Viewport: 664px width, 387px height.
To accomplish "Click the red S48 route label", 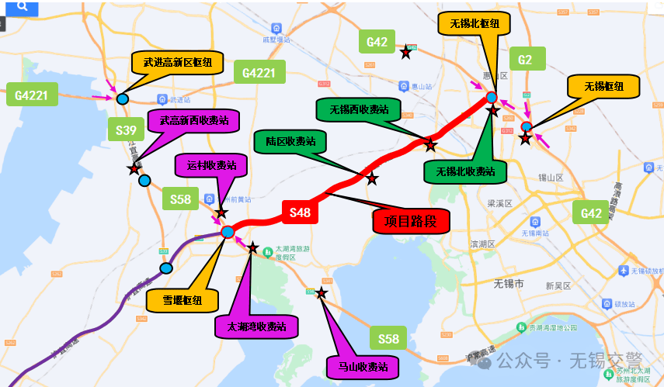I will [300, 212].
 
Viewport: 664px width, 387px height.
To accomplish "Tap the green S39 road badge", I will [127, 130].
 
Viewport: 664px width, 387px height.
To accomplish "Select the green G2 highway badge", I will [526, 60].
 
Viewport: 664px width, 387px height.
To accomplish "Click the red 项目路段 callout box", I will [411, 221].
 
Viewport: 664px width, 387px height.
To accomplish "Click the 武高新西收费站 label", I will [194, 121].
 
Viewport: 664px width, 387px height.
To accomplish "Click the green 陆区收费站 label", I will [290, 142].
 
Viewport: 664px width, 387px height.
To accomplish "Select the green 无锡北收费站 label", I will [465, 171].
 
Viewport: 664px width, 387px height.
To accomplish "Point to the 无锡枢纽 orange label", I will [603, 86].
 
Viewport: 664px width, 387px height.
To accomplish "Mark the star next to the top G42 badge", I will [405, 53].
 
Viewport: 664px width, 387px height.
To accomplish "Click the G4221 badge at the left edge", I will [32, 96].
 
